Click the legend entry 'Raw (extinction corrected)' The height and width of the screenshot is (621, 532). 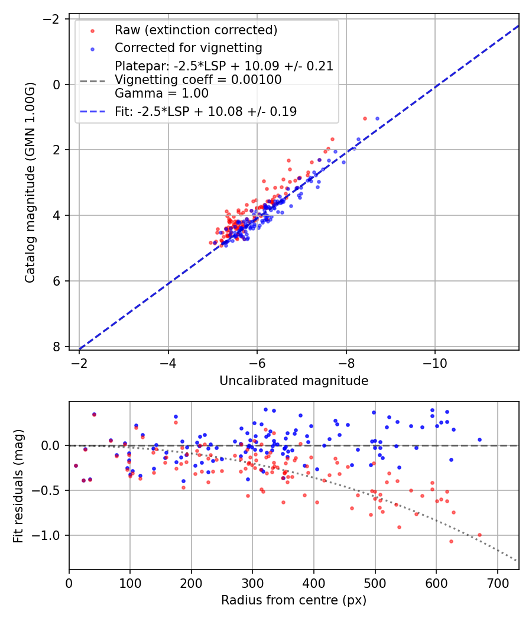196,30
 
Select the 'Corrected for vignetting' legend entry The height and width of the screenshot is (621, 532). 188,47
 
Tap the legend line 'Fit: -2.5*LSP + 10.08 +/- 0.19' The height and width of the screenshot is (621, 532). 206,111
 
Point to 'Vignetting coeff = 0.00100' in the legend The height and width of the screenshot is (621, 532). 198,80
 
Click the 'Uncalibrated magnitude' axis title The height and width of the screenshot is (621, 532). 294,381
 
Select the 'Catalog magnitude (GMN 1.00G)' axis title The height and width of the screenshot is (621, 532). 30,183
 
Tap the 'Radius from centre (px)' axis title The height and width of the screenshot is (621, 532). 294,600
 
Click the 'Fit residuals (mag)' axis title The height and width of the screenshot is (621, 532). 18,486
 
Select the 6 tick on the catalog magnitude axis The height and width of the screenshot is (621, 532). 57,281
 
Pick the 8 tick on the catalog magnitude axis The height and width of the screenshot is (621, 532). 57,347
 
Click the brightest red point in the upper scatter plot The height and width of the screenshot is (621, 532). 365,118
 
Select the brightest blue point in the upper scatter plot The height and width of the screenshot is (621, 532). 377,118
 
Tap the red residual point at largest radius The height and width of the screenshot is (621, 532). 479,535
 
